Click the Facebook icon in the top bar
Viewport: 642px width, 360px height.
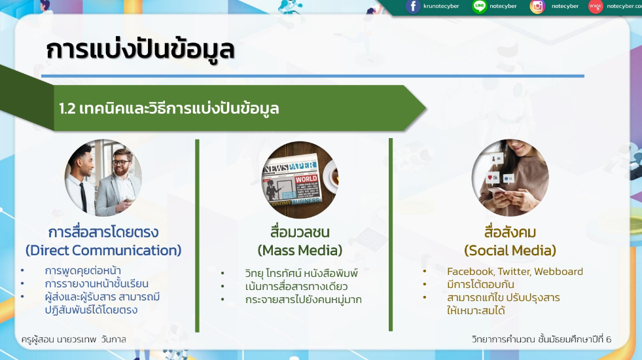click(413, 7)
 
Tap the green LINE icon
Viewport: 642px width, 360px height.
click(479, 7)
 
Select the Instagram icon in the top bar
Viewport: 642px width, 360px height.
click(537, 7)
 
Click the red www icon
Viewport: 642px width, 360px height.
click(596, 7)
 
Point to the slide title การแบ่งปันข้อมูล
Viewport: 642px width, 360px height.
click(140, 50)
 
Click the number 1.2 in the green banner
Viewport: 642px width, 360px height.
click(67, 109)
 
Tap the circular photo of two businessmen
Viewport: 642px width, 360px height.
click(103, 178)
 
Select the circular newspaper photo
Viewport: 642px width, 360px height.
click(300, 180)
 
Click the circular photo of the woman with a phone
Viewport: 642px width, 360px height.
click(510, 178)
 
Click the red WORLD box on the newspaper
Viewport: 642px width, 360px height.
click(306, 179)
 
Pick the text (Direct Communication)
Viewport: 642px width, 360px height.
click(103, 250)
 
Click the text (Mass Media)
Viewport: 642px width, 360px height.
click(300, 250)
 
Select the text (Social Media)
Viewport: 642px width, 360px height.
click(510, 250)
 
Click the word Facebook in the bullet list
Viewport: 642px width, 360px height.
click(471, 272)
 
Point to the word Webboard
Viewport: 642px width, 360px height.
click(558, 272)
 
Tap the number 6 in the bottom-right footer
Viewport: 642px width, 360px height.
click(609, 340)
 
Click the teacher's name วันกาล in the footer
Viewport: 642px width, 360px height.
click(113, 340)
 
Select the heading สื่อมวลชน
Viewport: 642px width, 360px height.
click(300, 232)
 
